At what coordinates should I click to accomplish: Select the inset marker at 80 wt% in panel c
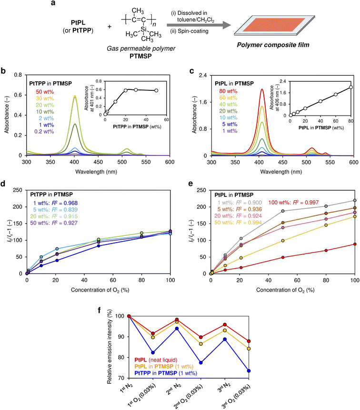pyautogui.click(x=350, y=87)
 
